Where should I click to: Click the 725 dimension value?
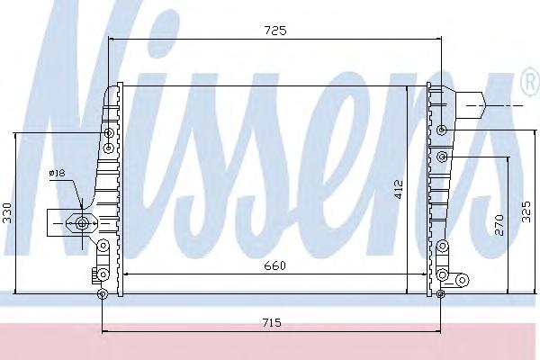tap(275, 31)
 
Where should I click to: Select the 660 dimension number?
tap(274, 266)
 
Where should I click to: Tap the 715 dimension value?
tap(272, 323)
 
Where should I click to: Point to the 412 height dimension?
tap(399, 189)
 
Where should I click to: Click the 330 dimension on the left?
tap(7, 213)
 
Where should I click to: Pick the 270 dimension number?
tap(499, 225)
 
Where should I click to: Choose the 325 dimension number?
tap(526, 211)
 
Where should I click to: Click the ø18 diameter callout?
tap(58, 173)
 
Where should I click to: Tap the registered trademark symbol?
tap(531, 82)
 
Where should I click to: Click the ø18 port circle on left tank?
tap(82, 223)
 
